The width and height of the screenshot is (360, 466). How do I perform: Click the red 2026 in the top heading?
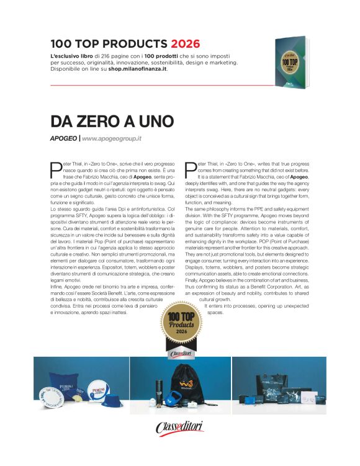tap(184, 44)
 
